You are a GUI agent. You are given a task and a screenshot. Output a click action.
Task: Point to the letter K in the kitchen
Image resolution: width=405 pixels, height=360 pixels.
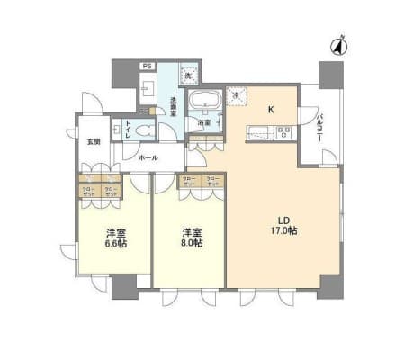(268, 111)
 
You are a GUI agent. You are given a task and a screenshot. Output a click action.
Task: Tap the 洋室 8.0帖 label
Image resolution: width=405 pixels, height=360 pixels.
(190, 238)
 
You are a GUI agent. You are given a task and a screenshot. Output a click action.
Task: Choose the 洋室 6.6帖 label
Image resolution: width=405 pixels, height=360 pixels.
(115, 238)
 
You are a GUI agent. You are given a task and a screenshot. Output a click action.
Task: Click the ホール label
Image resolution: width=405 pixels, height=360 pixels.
(148, 157)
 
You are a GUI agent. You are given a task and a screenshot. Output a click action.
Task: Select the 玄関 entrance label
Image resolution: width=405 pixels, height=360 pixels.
(93, 142)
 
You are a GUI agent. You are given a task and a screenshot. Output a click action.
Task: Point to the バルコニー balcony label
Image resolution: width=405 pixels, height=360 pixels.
(319, 124)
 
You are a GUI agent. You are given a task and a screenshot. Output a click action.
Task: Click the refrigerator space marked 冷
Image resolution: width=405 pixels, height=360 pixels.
(237, 95)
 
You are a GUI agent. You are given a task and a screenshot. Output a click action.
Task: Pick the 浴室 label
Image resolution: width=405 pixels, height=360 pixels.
(204, 122)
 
